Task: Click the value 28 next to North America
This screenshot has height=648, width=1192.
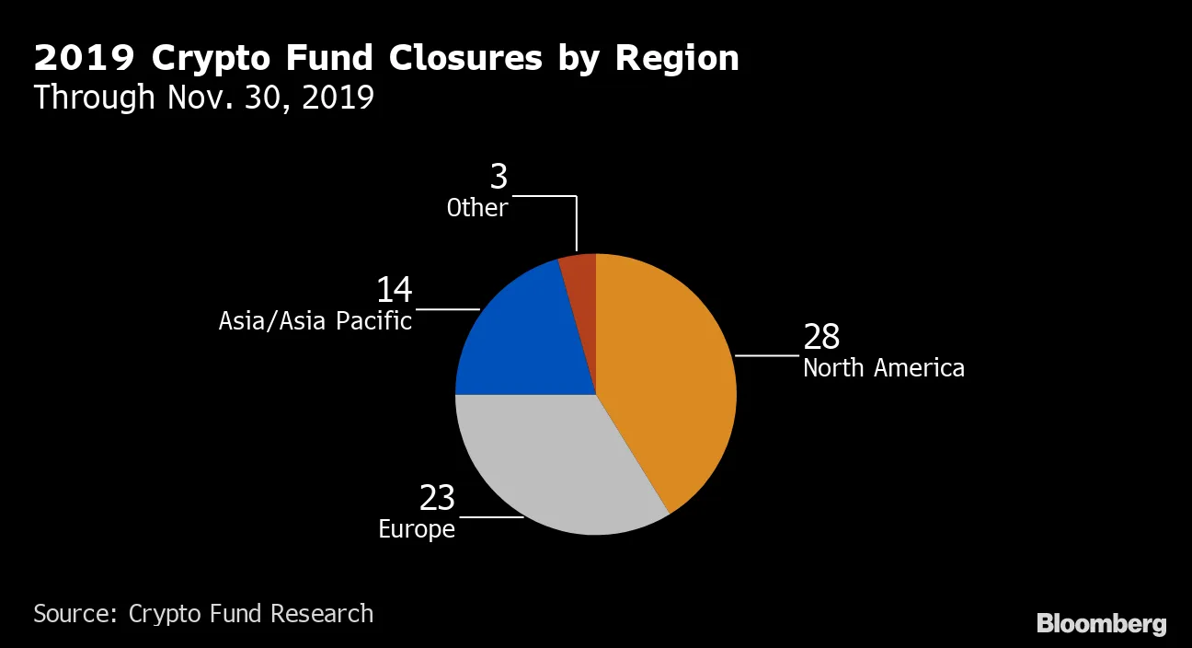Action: (x=821, y=337)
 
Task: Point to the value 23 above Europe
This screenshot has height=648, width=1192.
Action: (x=437, y=498)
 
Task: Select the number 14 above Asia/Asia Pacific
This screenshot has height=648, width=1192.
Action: (x=394, y=291)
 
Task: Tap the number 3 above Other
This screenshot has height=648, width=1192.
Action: (x=499, y=178)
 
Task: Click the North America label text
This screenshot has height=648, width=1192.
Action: (x=883, y=368)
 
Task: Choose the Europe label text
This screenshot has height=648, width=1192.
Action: (x=417, y=529)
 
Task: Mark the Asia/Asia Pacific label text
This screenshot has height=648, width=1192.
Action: (x=315, y=321)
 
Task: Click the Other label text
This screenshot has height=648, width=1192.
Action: (x=476, y=208)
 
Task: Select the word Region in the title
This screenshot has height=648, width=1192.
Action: (x=677, y=58)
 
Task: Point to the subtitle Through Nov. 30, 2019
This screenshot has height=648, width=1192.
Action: (x=203, y=97)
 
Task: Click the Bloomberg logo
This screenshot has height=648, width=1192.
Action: (x=1101, y=623)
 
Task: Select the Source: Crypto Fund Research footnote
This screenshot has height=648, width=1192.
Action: (x=203, y=613)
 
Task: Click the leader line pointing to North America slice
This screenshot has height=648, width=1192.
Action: (x=767, y=355)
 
